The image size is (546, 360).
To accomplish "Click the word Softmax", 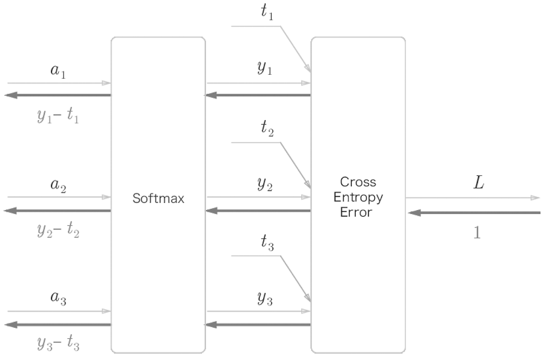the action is (158, 198).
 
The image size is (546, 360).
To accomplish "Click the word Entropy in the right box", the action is (358, 197).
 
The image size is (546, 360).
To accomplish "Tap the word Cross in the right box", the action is (358, 182).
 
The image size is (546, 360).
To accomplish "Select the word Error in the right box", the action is (356, 212).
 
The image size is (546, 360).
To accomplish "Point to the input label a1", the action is (58, 71).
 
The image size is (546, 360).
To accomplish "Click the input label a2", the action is (58, 186).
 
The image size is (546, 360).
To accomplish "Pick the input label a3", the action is (58, 298).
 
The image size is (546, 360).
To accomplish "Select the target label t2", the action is (267, 128).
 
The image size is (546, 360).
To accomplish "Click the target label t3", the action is (267, 242).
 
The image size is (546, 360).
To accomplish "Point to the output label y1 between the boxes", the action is (265, 68).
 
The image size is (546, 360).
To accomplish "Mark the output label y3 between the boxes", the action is (265, 299).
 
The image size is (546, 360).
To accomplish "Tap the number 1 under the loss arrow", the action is (477, 232).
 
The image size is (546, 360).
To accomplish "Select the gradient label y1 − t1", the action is (58, 116).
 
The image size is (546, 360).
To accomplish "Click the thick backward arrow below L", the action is (474, 213).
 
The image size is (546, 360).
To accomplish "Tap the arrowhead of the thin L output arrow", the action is (535, 197).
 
